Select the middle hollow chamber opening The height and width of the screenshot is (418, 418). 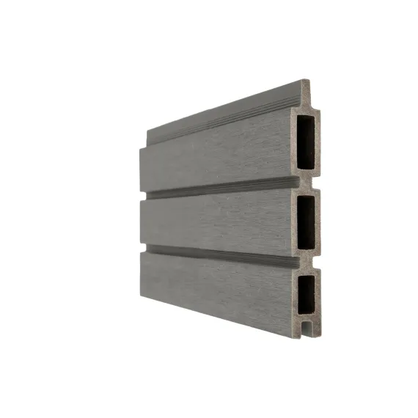point(306,217)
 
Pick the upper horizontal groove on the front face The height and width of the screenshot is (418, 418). point(220,188)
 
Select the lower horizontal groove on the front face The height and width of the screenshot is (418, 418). point(220,256)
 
